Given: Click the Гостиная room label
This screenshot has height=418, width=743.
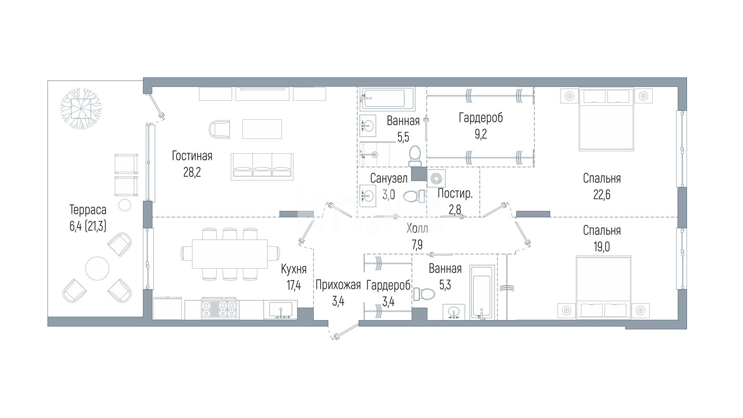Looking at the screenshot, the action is coord(192,156).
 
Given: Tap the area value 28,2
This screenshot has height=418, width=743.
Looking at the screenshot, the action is coord(192,172).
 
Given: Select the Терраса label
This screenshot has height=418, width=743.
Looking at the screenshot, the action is coord(88,210).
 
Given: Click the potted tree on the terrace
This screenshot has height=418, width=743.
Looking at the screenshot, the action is coord(81,108).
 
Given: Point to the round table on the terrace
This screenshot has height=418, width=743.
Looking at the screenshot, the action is coord(97,268).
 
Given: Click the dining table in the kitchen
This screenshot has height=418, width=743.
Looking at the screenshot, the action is coord(230,254).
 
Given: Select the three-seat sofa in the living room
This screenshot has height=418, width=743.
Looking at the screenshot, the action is coord(262,167).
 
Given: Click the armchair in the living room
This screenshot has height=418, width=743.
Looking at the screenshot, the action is coord(219,129).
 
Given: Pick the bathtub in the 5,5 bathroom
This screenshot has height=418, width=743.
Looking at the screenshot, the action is coord(387,98).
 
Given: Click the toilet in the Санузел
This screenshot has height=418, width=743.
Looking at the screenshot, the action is coord(414,197).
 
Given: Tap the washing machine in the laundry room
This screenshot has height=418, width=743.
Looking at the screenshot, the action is coord(436,179).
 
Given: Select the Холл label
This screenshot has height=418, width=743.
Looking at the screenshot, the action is coord(417,228).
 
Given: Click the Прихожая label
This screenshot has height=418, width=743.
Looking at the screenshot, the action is coord(338,285).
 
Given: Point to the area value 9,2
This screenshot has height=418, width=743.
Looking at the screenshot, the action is coord(481,134).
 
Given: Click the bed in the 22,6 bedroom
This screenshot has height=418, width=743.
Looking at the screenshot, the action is coord(606,119).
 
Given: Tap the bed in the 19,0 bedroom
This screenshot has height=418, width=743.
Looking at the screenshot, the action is coord(604,287).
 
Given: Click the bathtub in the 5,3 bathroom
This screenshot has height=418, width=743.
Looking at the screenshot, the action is coord(482,292).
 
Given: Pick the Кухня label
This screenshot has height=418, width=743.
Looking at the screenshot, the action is coord(293,269).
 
